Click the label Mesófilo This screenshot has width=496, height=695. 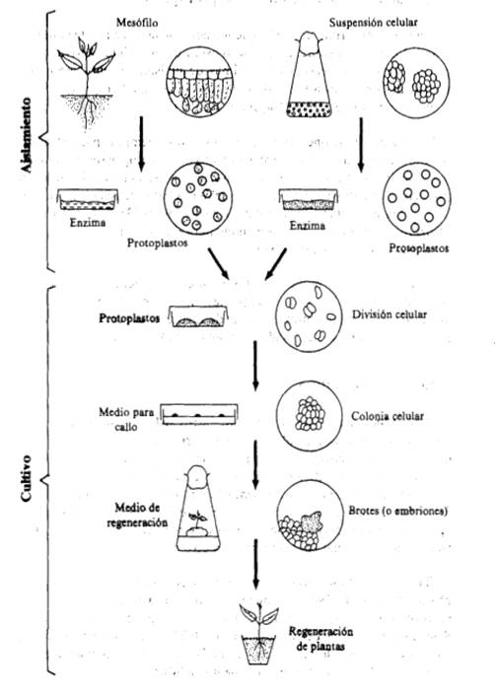click(x=137, y=22)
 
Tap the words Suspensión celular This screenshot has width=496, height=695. click(x=373, y=22)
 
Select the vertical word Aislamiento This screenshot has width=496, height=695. click(x=27, y=135)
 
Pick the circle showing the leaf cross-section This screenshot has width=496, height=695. click(x=199, y=82)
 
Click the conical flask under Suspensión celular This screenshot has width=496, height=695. click(x=309, y=75)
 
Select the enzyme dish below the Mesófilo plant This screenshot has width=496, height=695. click(x=88, y=199)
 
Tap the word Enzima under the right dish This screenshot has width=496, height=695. click(x=308, y=226)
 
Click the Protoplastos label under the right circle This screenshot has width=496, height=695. click(x=419, y=248)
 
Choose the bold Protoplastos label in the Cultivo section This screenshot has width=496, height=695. click(x=129, y=318)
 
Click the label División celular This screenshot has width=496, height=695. click(x=390, y=314)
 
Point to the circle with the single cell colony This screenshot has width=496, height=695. click(x=310, y=415)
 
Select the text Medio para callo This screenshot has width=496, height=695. click(x=126, y=420)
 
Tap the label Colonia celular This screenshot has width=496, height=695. click(x=388, y=416)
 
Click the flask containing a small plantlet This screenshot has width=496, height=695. click(x=198, y=508)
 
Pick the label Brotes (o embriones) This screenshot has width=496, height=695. click(x=397, y=511)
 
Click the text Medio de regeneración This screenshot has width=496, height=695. click(x=137, y=515)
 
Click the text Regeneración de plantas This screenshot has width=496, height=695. click(x=320, y=639)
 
